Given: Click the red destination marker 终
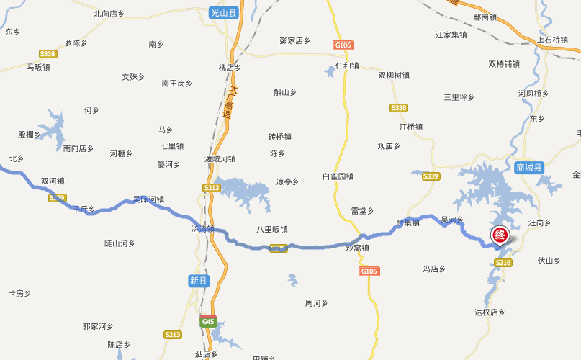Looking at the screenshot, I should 500,235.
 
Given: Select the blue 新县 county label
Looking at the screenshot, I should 199,281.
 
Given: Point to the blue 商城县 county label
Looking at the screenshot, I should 530,168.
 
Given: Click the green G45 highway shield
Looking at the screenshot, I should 208,321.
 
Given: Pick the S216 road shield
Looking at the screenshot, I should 503,263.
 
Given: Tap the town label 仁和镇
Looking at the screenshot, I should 347,66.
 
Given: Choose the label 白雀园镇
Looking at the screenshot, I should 338,176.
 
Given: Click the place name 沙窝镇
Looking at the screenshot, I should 357,248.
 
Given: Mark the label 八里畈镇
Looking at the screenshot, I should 272,230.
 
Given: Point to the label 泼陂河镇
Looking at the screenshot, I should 220,158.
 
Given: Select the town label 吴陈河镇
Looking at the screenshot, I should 148,199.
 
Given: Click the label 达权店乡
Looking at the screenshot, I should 490,312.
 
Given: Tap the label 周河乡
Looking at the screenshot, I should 317,303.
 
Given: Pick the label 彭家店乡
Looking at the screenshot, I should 295,41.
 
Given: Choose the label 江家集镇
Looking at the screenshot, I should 451,35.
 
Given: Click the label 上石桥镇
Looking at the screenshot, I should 553,40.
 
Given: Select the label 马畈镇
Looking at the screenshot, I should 38,67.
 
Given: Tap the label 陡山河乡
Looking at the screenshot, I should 120,243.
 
